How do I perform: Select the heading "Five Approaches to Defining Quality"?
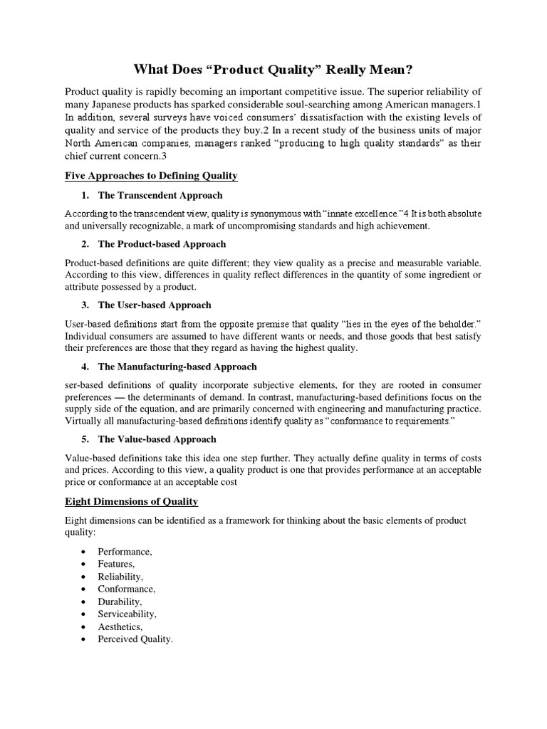(x=151, y=175)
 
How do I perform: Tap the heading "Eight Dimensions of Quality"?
(x=131, y=501)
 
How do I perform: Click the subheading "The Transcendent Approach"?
(x=160, y=195)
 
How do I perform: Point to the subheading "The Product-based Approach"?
(x=162, y=244)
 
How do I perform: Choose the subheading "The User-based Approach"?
(x=155, y=305)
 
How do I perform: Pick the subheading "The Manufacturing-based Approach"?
(x=177, y=367)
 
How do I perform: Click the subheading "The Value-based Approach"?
(x=157, y=439)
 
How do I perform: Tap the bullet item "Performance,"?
(x=125, y=552)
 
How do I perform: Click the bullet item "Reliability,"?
(x=120, y=577)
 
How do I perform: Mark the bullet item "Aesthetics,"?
(x=120, y=626)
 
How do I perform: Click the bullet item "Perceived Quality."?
(x=135, y=639)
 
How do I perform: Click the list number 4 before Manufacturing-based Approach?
(x=85, y=367)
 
